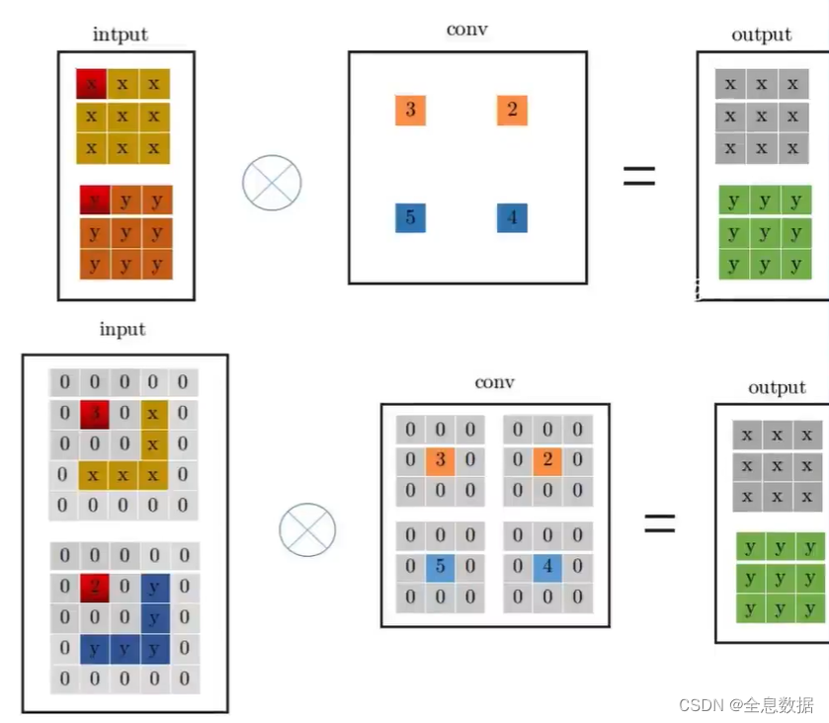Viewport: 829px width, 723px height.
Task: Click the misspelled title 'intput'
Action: (x=121, y=35)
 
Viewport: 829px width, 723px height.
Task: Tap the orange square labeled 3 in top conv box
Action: (x=410, y=110)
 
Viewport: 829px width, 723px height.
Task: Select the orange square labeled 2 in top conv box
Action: (x=512, y=110)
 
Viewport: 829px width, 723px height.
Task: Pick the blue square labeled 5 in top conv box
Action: (x=410, y=217)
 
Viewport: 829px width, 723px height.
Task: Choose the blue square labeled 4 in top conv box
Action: (x=512, y=217)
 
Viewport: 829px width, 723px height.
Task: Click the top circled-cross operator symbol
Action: (x=272, y=182)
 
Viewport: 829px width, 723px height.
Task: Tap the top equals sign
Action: (x=639, y=176)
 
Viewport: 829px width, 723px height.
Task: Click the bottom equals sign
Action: (x=659, y=522)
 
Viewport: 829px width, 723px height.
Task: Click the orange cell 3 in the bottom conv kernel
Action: (x=441, y=460)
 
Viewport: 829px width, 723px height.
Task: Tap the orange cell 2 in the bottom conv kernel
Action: (x=547, y=460)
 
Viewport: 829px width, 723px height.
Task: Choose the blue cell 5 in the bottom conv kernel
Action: (x=441, y=567)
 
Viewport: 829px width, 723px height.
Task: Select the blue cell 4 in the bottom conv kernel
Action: (x=547, y=567)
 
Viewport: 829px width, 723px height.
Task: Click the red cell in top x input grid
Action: (x=91, y=85)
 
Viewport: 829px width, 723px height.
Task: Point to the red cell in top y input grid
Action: (x=95, y=201)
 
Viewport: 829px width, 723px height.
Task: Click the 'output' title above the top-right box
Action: (x=761, y=35)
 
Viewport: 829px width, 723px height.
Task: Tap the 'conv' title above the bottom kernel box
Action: (x=494, y=382)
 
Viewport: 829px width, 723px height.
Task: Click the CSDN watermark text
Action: (x=746, y=704)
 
